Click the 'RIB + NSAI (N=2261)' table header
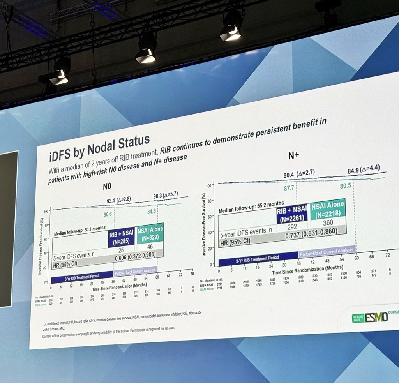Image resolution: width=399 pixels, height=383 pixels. pos(291,215)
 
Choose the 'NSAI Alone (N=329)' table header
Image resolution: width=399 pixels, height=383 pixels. pos(150,232)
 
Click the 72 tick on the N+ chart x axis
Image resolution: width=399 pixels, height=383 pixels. pos(387,255)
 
